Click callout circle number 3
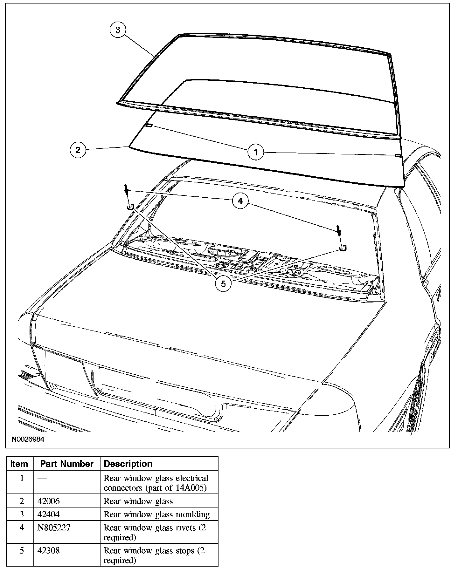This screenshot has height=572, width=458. click(x=118, y=30)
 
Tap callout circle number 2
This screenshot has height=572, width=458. click(x=78, y=150)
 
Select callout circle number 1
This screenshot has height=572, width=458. click(x=256, y=152)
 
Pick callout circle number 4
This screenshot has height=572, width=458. click(x=240, y=201)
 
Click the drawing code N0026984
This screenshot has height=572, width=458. click(x=28, y=439)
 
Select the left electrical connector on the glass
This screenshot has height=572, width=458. click(x=149, y=125)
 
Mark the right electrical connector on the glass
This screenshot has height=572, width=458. click(x=397, y=155)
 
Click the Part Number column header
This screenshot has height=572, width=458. click(x=67, y=464)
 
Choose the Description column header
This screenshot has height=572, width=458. click(x=128, y=464)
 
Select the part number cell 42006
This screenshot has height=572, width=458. click(x=48, y=501)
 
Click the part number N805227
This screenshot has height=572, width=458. click(x=54, y=528)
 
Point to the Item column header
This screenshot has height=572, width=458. click(x=19, y=464)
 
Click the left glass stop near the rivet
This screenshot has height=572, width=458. click(x=131, y=207)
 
